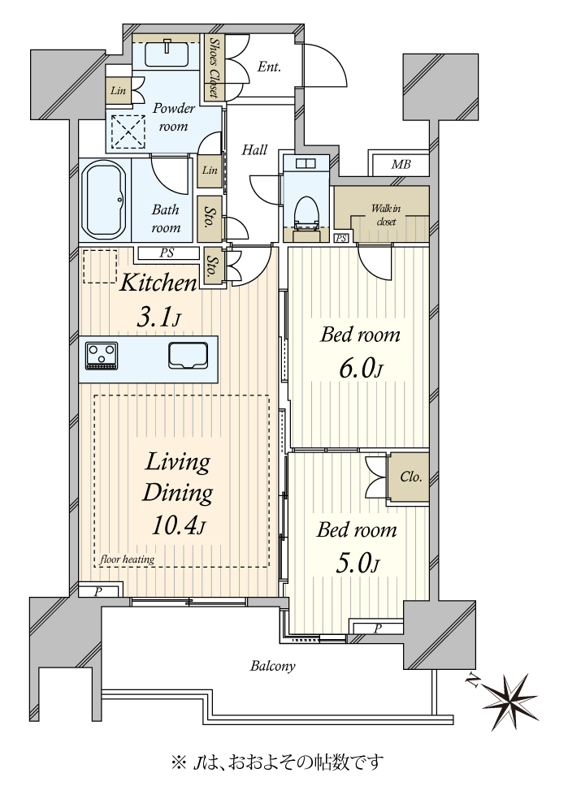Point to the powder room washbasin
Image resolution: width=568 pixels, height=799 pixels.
pyautogui.click(x=167, y=54)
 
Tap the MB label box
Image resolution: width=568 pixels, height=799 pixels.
pyautogui.click(x=401, y=165)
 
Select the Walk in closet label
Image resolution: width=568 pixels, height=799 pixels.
pyautogui.click(x=386, y=214)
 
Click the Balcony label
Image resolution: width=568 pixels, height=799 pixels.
pyautogui.click(x=273, y=666)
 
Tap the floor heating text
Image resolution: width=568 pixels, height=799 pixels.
pyautogui.click(x=127, y=559)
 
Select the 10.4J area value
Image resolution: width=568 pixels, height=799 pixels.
pyautogui.click(x=178, y=526)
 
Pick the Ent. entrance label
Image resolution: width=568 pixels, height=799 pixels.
pyautogui.click(x=269, y=67)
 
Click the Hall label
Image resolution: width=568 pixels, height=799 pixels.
pyautogui.click(x=254, y=149)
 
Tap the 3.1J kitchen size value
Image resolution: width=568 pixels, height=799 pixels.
pyautogui.click(x=158, y=318)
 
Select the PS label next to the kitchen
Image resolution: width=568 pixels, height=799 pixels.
pyautogui.click(x=167, y=253)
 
